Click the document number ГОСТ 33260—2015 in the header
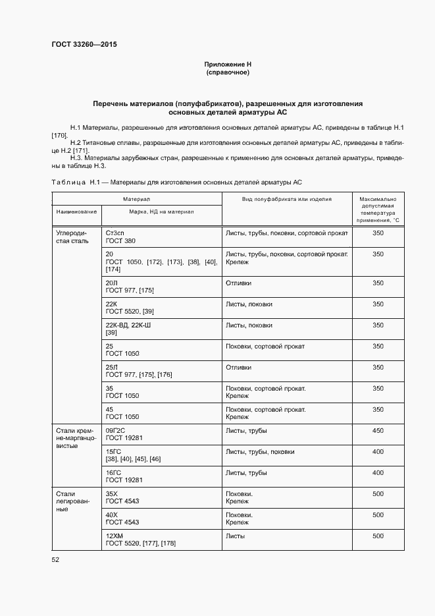(x=84, y=45)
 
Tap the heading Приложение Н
(x=228, y=64)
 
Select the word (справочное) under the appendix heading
(x=228, y=72)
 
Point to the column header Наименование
(x=76, y=211)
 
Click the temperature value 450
(x=378, y=430)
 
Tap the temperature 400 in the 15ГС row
(x=378, y=451)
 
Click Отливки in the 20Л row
(x=238, y=283)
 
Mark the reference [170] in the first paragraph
(x=59, y=134)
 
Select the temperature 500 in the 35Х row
(x=378, y=493)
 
